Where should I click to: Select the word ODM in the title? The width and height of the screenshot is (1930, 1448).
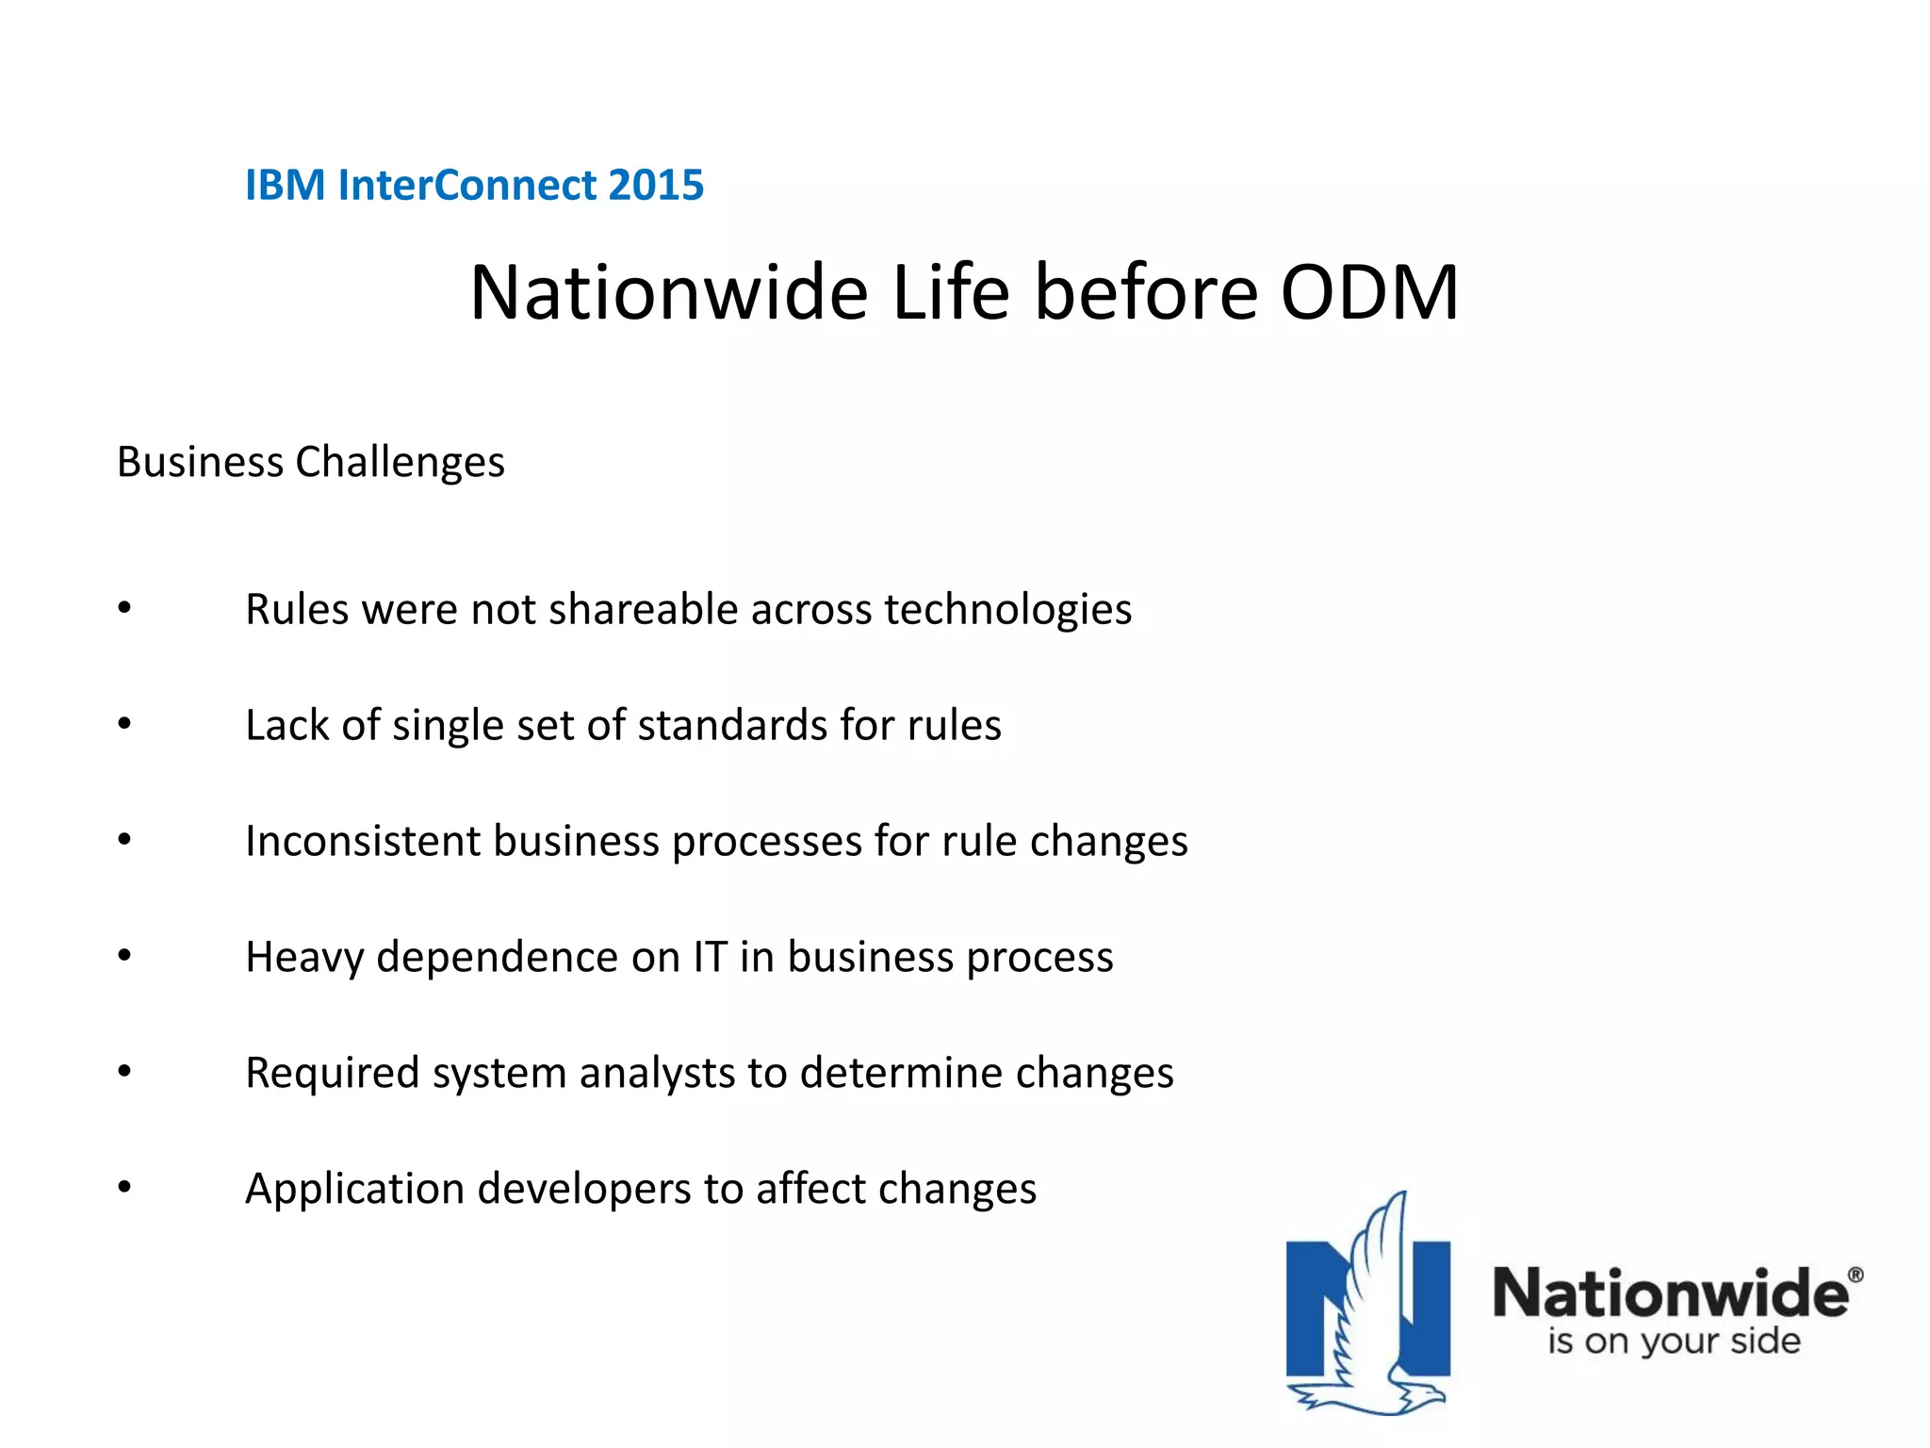pyautogui.click(x=1368, y=293)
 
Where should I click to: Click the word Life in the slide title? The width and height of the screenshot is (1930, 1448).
pyautogui.click(x=950, y=293)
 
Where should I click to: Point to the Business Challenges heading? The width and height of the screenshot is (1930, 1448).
pyautogui.click(x=310, y=462)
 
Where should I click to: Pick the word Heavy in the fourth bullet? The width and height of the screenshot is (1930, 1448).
pyautogui.click(x=303, y=958)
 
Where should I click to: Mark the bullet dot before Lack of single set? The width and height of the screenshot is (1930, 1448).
pyautogui.click(x=124, y=724)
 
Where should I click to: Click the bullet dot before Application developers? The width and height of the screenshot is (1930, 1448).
pyautogui.click(x=124, y=1188)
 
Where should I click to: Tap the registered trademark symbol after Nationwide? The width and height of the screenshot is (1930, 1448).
pyautogui.click(x=1855, y=1275)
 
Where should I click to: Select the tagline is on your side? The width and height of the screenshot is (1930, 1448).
pyautogui.click(x=1673, y=1341)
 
